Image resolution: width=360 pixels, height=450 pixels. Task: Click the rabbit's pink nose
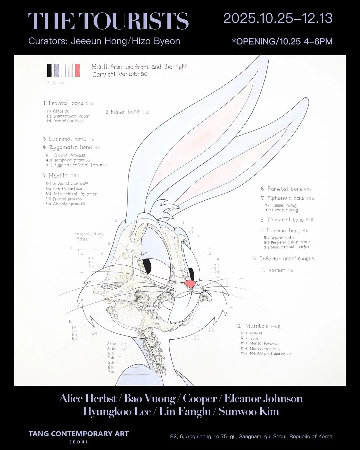190,284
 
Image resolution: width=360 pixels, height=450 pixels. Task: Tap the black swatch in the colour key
49,70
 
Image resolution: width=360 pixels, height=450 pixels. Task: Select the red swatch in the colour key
77,70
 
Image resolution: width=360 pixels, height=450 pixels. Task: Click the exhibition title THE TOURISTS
108,21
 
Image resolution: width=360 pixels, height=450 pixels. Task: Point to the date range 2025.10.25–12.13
278,18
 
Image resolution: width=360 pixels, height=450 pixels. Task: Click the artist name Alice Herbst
88,398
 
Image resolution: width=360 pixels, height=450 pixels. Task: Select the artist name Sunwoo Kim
249,411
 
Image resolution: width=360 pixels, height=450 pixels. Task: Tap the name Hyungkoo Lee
117,411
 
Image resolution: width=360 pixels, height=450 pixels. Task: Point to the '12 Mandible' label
257,326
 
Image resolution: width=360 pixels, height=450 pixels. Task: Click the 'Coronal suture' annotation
89,234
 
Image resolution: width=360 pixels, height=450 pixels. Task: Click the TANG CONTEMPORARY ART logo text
79,434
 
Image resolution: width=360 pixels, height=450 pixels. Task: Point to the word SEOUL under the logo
79,442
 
